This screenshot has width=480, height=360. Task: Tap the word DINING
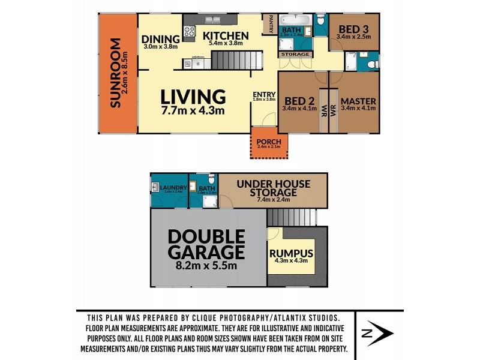coord(161,40)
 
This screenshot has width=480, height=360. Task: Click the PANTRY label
coord(271,24)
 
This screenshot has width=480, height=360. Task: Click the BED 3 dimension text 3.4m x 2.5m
coord(354,36)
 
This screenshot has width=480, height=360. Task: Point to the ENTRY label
coord(264,94)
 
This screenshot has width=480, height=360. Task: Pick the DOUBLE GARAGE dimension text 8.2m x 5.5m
coord(206,266)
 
